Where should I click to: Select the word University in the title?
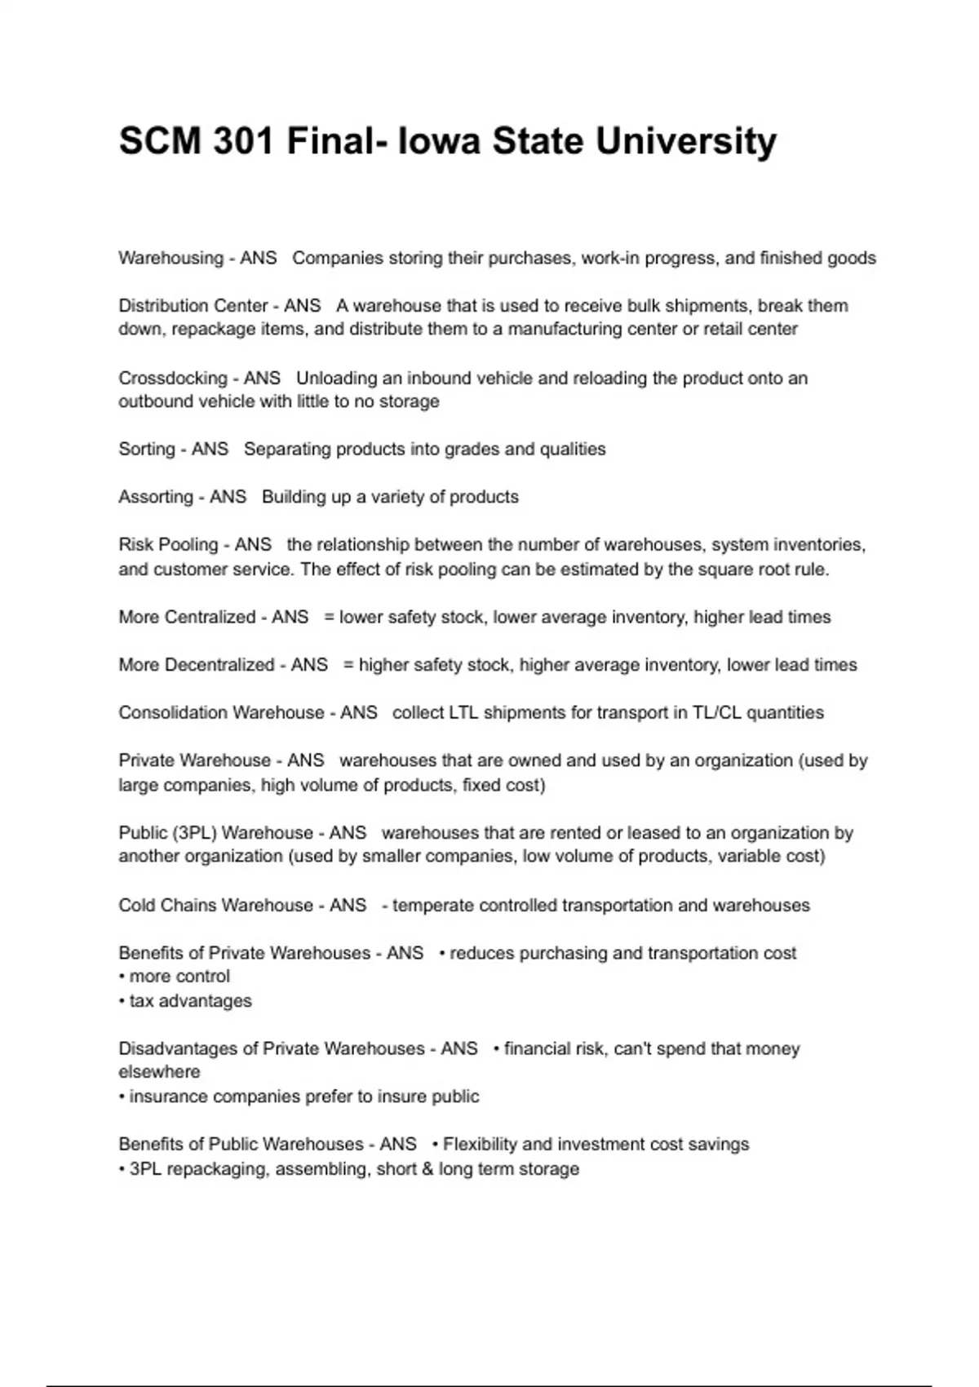(685, 141)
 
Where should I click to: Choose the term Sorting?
(146, 449)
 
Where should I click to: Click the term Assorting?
(155, 497)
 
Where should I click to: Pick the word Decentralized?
(219, 665)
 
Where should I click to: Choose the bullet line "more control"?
(175, 977)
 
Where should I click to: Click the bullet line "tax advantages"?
(185, 1001)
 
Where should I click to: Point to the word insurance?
(168, 1097)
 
